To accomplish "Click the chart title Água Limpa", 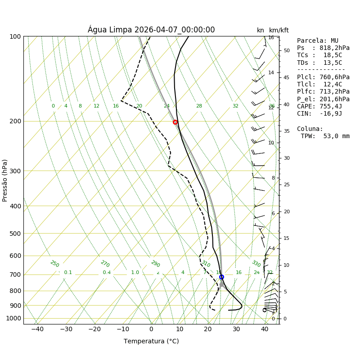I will click(151, 30).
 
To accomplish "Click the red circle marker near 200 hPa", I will click(175, 122).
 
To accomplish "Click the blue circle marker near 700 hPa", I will click(221, 277).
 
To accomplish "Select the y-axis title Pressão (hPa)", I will click(5, 180).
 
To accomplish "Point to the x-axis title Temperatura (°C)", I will click(151, 341).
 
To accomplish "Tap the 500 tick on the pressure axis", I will click(15, 234).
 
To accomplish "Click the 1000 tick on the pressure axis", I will click(13, 318).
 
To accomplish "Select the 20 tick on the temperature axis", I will click(208, 329).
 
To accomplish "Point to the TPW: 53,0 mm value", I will click(325, 136).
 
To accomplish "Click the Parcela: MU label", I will click(318, 40).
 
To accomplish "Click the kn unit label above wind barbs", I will click(261, 31).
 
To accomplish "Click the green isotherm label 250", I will click(54, 264).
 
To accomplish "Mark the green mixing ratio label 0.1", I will click(68, 272).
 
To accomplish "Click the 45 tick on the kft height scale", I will click(286, 77).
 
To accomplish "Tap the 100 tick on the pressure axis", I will click(15, 36).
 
